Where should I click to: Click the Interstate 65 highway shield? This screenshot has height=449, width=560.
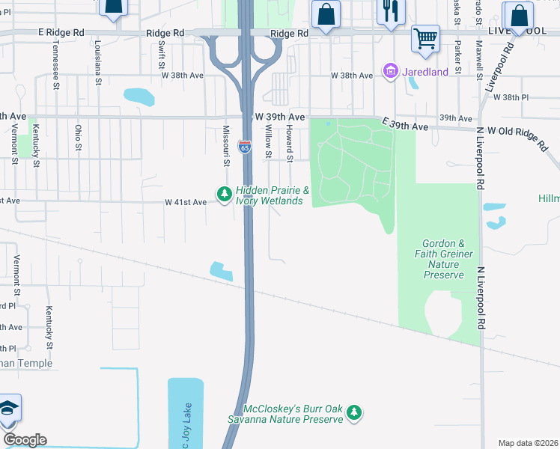tap(245, 146)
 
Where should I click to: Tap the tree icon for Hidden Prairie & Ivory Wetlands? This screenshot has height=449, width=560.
tap(224, 195)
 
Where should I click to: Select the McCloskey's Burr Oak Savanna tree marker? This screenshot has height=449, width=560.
tap(355, 412)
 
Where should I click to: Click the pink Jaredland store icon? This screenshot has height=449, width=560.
tap(389, 72)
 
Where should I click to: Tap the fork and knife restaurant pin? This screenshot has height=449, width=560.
tap(389, 11)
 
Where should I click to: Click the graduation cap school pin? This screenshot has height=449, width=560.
tap(9, 409)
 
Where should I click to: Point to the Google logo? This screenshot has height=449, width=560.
tap(25, 440)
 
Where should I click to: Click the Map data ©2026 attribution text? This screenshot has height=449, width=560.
tap(528, 443)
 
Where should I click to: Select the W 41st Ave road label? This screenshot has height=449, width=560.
tap(185, 202)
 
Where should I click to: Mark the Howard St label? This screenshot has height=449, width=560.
tap(289, 142)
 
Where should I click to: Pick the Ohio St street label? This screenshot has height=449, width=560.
tap(78, 139)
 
